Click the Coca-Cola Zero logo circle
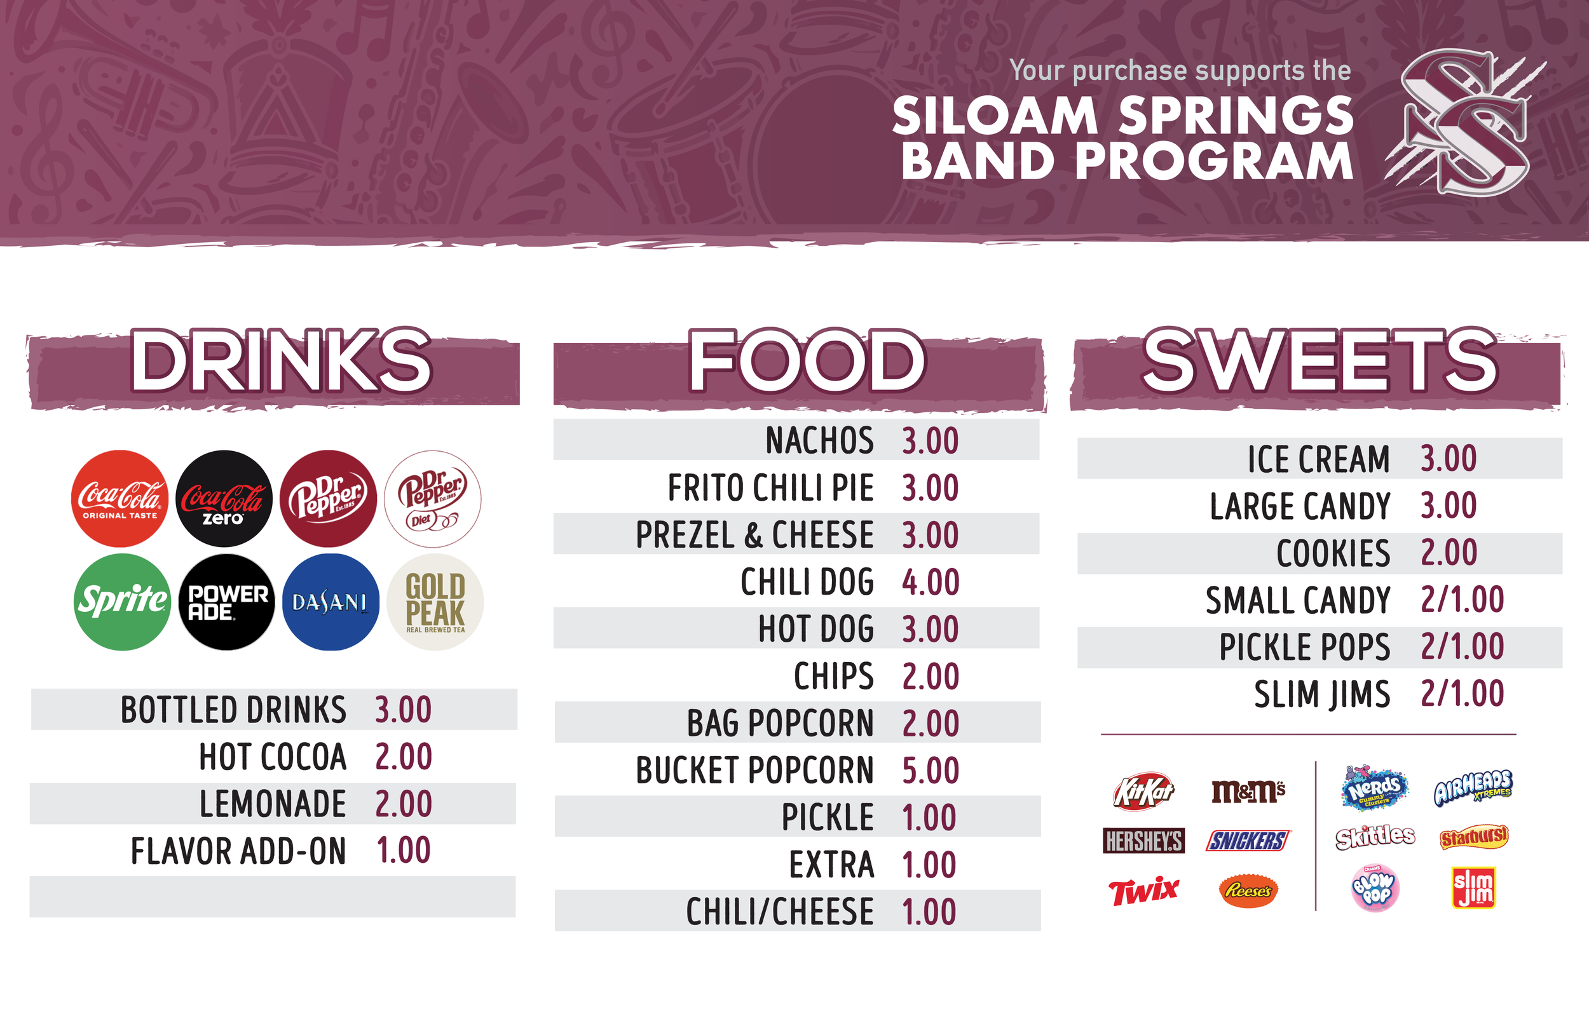click(x=224, y=499)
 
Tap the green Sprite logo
click(x=121, y=602)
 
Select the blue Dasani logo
click(x=331, y=602)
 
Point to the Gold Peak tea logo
click(x=435, y=602)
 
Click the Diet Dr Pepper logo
click(x=433, y=499)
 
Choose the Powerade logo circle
click(x=226, y=602)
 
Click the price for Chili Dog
click(x=931, y=582)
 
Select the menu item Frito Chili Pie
click(x=770, y=488)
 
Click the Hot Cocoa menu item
click(x=273, y=757)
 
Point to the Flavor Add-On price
click(x=403, y=851)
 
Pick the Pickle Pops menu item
click(x=1305, y=647)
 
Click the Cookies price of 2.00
click(x=1449, y=553)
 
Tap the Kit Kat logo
click(x=1143, y=792)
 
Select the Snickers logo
click(x=1248, y=841)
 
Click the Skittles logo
click(x=1375, y=837)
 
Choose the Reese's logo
click(x=1248, y=891)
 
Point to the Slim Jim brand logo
click(x=1473, y=888)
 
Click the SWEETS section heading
click(x=1320, y=360)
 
